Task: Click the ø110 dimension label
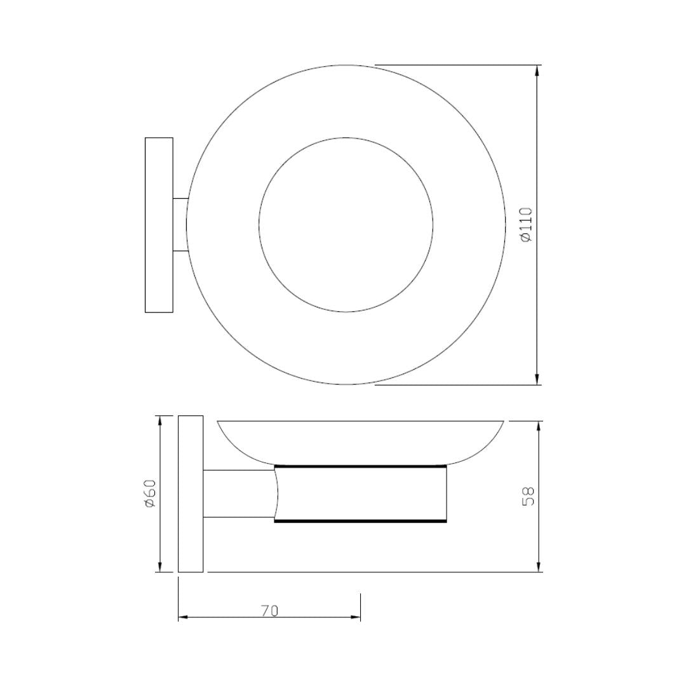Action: (x=527, y=225)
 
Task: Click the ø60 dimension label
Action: (x=150, y=494)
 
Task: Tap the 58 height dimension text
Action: (x=528, y=496)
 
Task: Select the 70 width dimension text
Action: (x=269, y=610)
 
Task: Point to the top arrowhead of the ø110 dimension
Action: (x=537, y=71)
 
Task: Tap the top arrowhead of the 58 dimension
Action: (x=539, y=426)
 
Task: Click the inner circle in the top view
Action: (x=346, y=224)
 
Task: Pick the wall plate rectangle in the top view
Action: (x=159, y=225)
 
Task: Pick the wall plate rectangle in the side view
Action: (x=191, y=494)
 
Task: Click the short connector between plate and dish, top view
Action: (x=180, y=225)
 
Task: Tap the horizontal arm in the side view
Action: (x=238, y=494)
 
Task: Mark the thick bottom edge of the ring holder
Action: (x=360, y=521)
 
